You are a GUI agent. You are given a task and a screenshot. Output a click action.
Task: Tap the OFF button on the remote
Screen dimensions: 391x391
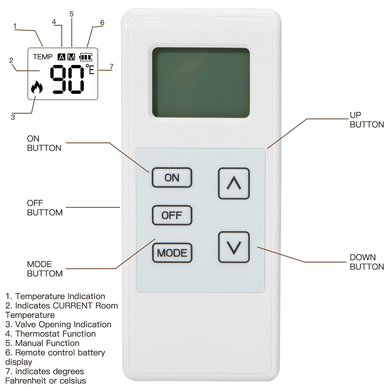172,215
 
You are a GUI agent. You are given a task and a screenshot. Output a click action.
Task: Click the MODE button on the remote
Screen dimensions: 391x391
172,253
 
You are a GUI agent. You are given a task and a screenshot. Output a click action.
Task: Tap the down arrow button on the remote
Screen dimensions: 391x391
234,247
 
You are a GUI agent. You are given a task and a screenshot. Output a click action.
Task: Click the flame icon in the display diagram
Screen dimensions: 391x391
37,87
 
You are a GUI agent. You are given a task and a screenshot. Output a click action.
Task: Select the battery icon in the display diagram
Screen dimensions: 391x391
86,57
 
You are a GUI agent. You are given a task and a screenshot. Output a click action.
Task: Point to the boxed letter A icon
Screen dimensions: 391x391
62,57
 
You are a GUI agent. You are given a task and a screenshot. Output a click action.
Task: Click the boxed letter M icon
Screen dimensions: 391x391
71,57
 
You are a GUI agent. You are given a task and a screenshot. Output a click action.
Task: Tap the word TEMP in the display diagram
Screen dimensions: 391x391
43,57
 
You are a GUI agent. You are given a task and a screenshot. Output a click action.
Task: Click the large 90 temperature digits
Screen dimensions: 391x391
67,79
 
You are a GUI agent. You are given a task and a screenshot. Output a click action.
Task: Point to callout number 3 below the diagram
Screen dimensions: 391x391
13,117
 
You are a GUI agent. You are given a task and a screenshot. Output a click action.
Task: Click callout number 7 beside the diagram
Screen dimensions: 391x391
111,66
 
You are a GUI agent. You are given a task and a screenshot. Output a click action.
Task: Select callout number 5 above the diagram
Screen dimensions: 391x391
71,14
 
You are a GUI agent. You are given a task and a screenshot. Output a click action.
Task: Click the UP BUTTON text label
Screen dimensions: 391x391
367,120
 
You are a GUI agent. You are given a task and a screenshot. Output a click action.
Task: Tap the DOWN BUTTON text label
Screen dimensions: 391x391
367,262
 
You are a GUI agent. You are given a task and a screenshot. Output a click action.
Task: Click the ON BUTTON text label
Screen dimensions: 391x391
44,143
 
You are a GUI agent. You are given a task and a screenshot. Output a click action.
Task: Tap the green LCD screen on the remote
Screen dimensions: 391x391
201,82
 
